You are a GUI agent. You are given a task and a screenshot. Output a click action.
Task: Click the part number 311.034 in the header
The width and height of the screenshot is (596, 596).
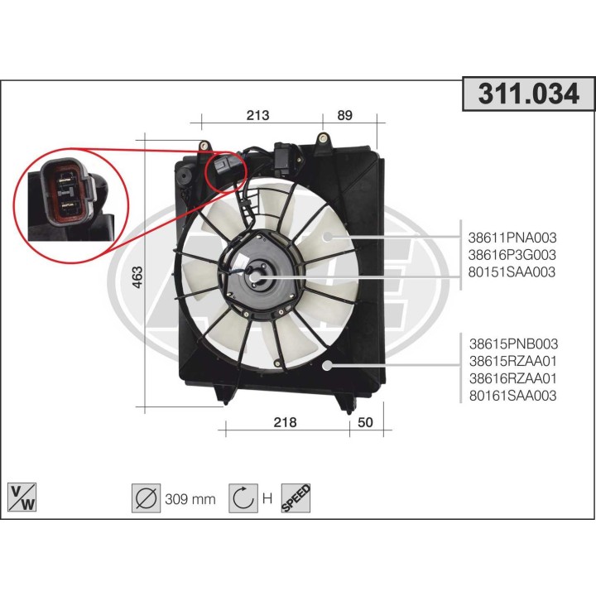click(x=528, y=94)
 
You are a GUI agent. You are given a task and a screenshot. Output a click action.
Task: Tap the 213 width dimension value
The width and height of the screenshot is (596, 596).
click(x=257, y=116)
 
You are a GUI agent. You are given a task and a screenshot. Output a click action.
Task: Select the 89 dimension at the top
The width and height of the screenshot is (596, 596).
click(x=344, y=116)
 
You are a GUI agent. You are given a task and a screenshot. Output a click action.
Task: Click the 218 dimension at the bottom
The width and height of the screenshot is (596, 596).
click(x=284, y=422)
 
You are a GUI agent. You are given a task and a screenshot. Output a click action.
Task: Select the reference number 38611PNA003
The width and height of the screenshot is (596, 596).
click(x=512, y=236)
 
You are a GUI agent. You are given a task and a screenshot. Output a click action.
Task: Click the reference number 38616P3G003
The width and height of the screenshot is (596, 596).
click(x=512, y=254)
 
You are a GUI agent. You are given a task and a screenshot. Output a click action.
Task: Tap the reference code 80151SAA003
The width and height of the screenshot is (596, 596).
click(x=512, y=272)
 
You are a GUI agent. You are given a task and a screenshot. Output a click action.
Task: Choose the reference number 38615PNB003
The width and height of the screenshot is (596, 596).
click(x=513, y=344)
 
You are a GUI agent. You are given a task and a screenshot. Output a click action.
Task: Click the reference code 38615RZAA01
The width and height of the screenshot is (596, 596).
click(x=513, y=361)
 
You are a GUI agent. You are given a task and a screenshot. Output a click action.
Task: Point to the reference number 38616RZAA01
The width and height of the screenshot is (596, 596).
click(x=513, y=378)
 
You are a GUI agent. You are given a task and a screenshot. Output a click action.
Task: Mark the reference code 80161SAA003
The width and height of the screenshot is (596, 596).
click(x=513, y=396)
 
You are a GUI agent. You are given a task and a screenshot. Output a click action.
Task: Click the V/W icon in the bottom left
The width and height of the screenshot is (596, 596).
click(x=21, y=497)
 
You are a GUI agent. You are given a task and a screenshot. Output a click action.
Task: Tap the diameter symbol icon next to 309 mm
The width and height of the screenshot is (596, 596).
click(x=146, y=497)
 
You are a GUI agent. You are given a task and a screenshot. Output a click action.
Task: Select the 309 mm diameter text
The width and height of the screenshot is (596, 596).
click(x=190, y=498)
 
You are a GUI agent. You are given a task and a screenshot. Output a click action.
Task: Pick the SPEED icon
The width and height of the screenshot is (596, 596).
click(x=296, y=497)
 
